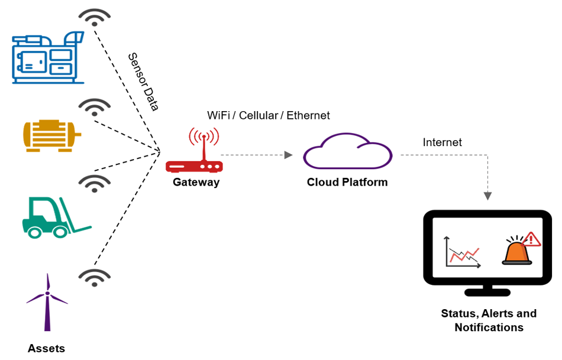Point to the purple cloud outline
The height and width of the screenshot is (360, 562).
click(348, 152)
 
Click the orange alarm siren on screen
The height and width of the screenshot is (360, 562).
click(516, 251)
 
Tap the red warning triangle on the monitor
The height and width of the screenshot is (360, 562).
click(532, 239)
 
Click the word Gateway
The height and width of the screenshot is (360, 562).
click(196, 182)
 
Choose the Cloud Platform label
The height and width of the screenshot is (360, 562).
click(347, 182)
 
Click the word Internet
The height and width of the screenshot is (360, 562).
click(442, 142)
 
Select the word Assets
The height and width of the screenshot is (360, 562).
click(46, 348)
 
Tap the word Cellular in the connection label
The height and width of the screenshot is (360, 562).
click(259, 115)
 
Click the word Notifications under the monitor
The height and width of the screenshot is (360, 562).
click(489, 327)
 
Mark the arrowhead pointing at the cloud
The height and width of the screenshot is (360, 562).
click(289, 155)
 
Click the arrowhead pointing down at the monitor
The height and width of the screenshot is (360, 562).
click(489, 195)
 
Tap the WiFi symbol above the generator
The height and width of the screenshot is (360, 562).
click(94, 17)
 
